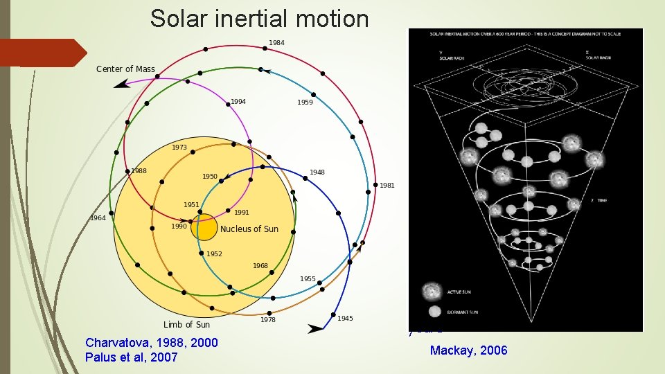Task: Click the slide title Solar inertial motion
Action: tap(259, 19)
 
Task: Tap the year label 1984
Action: tap(276, 43)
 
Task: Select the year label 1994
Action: tap(238, 102)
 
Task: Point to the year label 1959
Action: tap(305, 103)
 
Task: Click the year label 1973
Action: tap(179, 148)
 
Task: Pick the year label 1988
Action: tap(139, 171)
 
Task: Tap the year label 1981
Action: tap(387, 185)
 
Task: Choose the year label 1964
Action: tap(98, 218)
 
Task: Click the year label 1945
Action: tap(345, 319)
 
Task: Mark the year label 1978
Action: tap(267, 319)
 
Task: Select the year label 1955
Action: tap(308, 279)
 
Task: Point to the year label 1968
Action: tap(260, 266)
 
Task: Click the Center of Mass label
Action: tap(125, 69)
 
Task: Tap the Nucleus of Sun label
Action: tap(249, 229)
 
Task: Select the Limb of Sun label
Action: tap(186, 324)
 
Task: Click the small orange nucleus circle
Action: tap(204, 228)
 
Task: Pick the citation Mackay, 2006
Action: tap(468, 350)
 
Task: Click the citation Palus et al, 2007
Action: tap(131, 357)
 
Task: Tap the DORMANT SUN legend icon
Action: tap(434, 311)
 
